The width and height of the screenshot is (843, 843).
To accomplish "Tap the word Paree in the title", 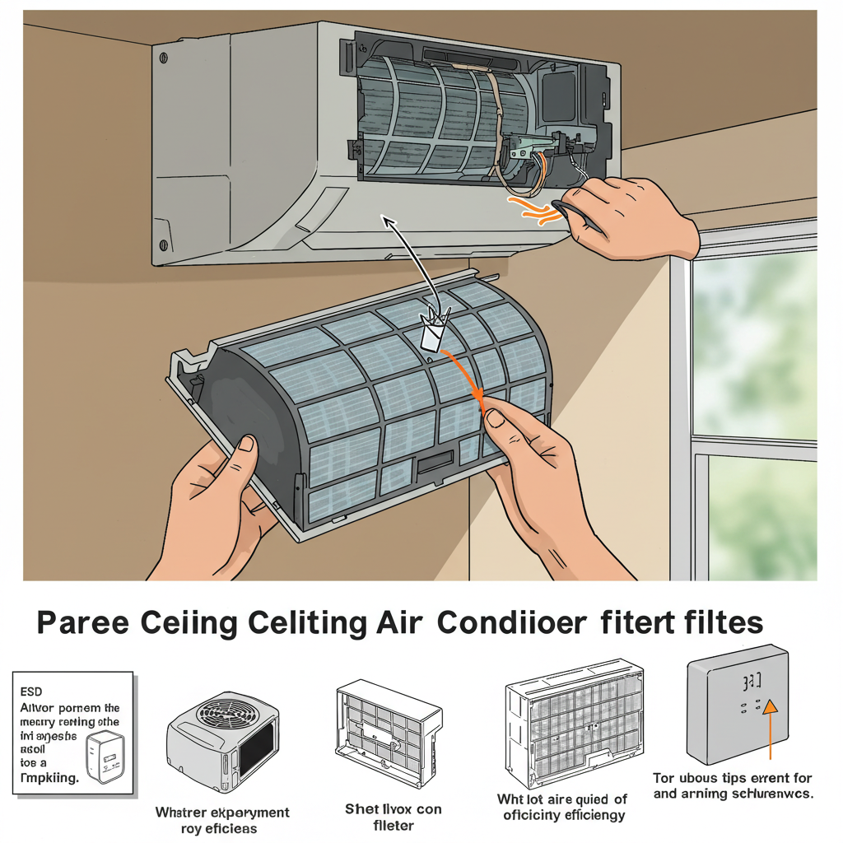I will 82,623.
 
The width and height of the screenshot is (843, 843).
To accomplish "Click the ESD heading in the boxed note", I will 30,692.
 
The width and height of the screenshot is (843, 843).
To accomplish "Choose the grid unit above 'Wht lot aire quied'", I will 574,724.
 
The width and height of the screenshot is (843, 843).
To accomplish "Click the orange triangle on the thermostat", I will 771,707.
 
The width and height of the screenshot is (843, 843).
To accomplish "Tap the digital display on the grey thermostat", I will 752,682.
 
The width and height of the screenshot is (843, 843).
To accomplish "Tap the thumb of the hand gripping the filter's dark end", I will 245,449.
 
